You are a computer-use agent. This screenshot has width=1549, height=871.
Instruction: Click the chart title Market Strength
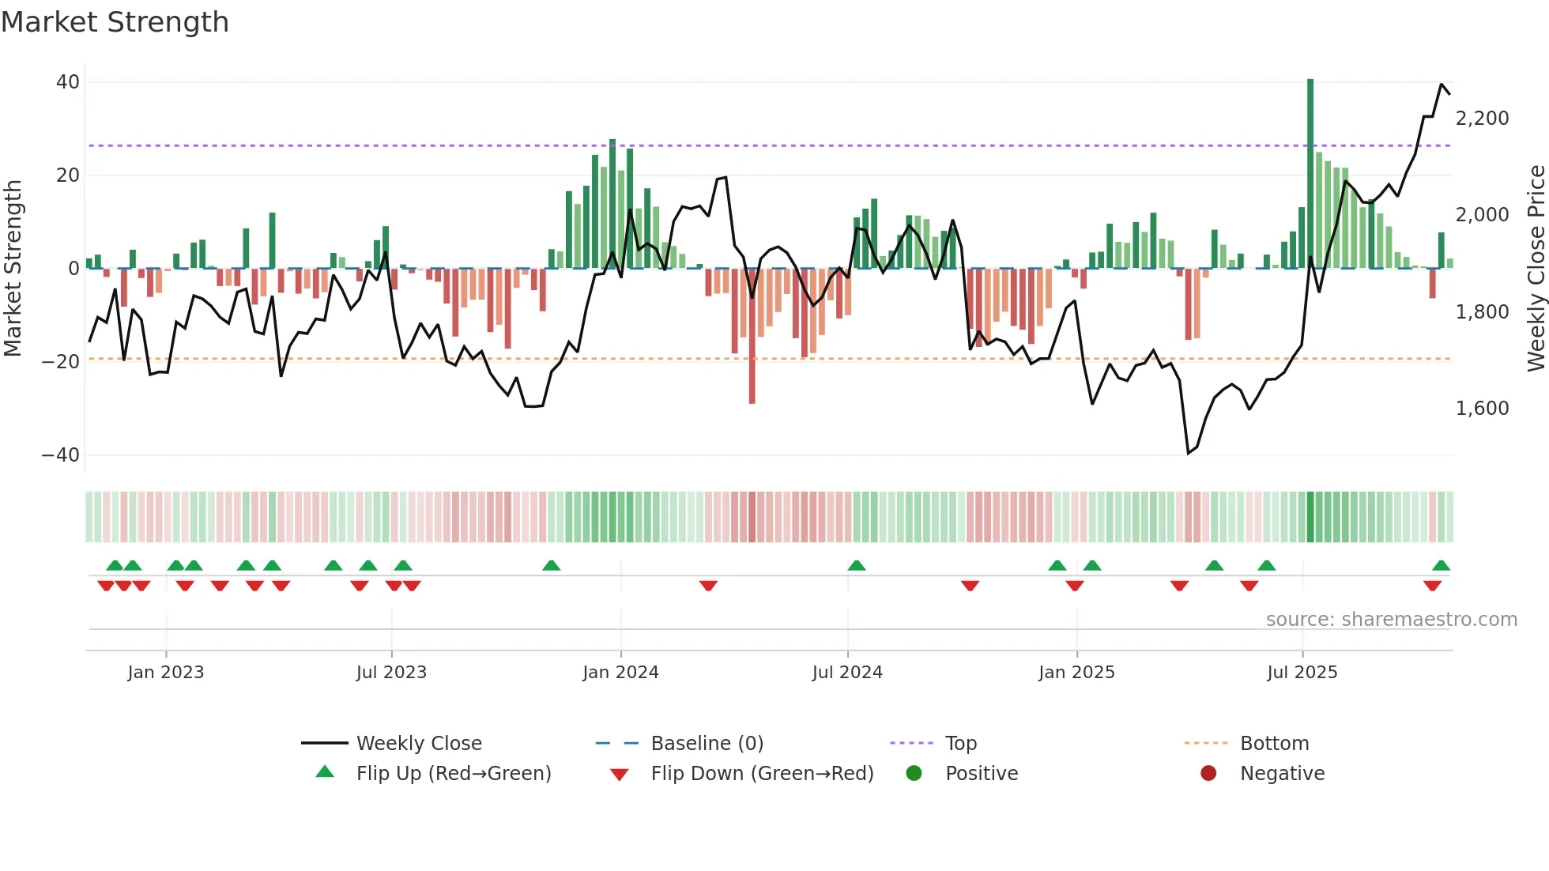coord(115,22)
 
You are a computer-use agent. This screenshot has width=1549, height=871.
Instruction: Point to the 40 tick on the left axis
coord(68,82)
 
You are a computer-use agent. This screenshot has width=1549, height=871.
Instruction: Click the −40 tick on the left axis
coord(61,455)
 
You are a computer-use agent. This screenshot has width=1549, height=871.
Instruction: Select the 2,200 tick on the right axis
coord(1482,119)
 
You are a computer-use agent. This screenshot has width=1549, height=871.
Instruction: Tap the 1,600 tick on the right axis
coord(1482,409)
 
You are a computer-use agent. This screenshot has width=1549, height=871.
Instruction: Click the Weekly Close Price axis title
coord(1536,269)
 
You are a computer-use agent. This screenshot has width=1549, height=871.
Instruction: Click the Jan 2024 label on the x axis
coord(620,673)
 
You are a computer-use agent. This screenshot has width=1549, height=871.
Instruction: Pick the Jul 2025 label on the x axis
coord(1302,673)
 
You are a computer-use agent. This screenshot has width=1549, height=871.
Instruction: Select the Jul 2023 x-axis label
coord(391,673)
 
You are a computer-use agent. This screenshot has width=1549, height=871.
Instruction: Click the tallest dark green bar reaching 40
coord(1310,174)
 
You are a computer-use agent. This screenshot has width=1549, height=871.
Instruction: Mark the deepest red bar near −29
coord(752,336)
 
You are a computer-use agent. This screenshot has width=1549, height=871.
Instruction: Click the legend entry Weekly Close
coord(418,744)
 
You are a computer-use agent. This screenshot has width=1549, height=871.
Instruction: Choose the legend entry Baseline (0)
coord(707,744)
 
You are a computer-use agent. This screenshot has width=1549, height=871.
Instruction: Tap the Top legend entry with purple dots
coord(960,744)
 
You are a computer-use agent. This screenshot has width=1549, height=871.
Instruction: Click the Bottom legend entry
coord(1274,744)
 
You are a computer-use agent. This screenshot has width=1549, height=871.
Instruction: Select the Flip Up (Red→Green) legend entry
coord(453,774)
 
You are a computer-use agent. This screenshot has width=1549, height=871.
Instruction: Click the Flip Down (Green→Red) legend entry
coord(762,774)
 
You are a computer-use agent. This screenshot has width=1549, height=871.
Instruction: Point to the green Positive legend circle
coord(914,774)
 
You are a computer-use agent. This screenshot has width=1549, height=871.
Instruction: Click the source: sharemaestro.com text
coord(1391,620)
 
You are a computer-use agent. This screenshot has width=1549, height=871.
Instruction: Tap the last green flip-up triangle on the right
coord(1441,566)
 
